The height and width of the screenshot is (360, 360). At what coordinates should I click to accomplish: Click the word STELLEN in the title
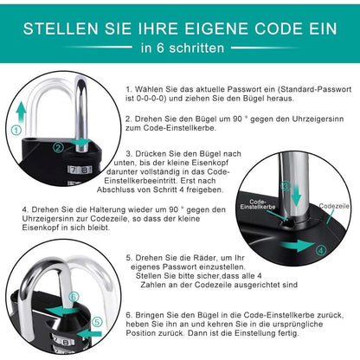[x=66, y=27]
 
